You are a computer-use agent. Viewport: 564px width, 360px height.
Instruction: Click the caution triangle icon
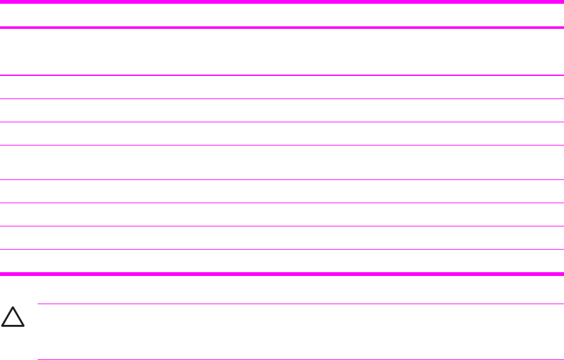(x=13, y=318)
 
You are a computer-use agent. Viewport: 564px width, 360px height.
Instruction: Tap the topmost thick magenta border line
(x=282, y=2)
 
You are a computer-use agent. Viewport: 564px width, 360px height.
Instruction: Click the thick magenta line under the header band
(x=282, y=28)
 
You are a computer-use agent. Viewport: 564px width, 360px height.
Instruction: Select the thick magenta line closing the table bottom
(x=282, y=273)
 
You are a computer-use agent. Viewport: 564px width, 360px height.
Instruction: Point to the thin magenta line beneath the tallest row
(x=282, y=76)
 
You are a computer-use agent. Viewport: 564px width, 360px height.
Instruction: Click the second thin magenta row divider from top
(x=282, y=98)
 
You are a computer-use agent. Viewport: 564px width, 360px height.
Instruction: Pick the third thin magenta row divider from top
(x=282, y=122)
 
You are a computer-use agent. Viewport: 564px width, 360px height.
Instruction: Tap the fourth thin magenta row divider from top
(x=282, y=145)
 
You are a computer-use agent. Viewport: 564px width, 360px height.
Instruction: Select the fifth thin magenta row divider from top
(x=282, y=180)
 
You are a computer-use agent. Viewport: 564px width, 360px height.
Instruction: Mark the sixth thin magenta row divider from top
(x=282, y=203)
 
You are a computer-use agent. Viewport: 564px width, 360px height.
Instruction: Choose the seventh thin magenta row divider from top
(x=282, y=226)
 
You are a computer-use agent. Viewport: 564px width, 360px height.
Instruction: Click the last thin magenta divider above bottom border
(x=282, y=249)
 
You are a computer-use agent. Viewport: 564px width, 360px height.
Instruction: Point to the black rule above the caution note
(x=301, y=304)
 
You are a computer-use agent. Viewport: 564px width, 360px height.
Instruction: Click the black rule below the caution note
(x=301, y=359)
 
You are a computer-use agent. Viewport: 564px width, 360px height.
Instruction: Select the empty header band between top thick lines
(x=282, y=15)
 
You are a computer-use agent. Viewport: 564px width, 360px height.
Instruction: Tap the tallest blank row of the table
(x=282, y=52)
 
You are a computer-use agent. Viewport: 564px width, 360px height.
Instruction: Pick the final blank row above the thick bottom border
(x=282, y=261)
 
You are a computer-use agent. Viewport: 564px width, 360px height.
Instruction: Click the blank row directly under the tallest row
(x=282, y=87)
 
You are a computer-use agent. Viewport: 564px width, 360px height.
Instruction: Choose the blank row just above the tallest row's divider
(x=282, y=52)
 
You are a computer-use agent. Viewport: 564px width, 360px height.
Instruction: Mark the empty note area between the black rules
(x=301, y=332)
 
